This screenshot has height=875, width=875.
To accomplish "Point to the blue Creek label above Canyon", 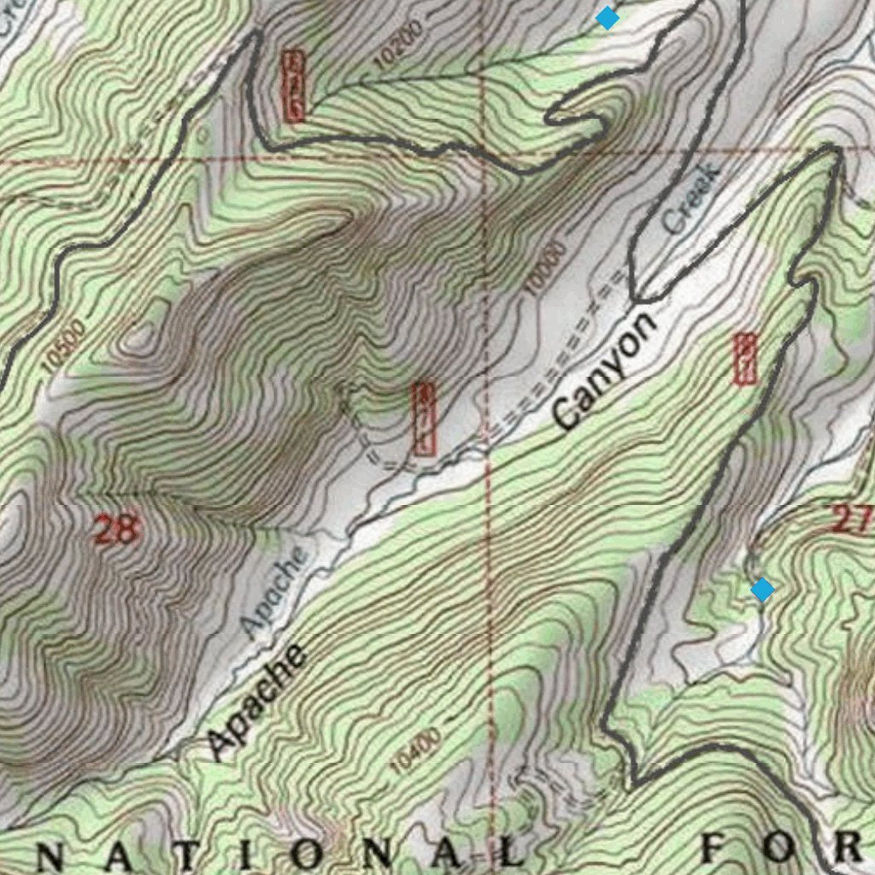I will point(692,199).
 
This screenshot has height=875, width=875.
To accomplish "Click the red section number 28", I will point(115,530).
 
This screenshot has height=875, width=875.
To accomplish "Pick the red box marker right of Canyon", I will point(745,359).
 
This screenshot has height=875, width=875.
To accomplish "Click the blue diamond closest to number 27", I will point(762,590).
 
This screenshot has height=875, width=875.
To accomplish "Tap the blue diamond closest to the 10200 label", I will point(607,17).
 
